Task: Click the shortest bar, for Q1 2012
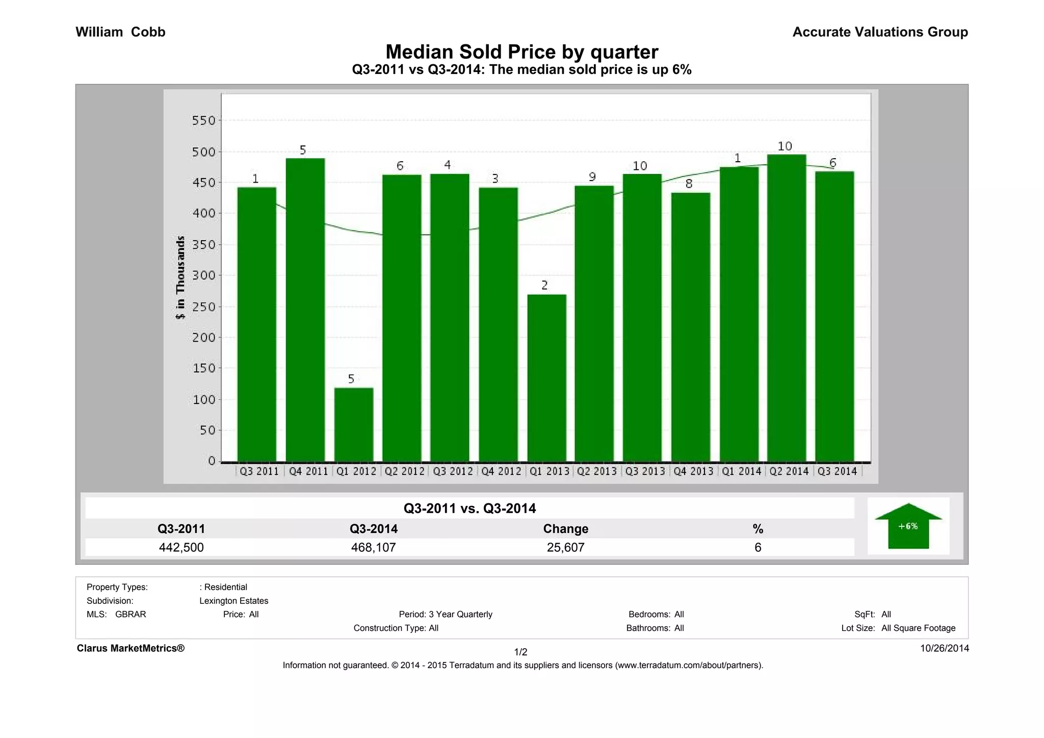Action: tap(354, 424)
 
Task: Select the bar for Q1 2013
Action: tap(546, 377)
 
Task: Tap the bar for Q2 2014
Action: tap(786, 308)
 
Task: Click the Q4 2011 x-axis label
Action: tap(308, 471)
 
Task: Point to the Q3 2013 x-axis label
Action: tap(645, 471)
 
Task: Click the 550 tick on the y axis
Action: tap(204, 121)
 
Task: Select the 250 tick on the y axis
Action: tap(204, 307)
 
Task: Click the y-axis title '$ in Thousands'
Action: tap(180, 278)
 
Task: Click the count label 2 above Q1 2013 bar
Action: tap(544, 285)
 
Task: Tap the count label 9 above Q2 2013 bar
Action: tap(592, 177)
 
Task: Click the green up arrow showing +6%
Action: tap(908, 526)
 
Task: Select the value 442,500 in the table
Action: tap(181, 548)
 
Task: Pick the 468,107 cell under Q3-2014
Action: tap(373, 548)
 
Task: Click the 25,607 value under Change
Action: tap(565, 548)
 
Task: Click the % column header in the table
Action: tap(758, 529)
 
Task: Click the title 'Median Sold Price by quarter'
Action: tap(521, 52)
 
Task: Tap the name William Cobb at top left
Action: tap(120, 32)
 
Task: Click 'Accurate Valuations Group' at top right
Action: tap(880, 32)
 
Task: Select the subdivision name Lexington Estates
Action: tap(233, 601)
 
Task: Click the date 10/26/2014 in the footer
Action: tap(944, 648)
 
